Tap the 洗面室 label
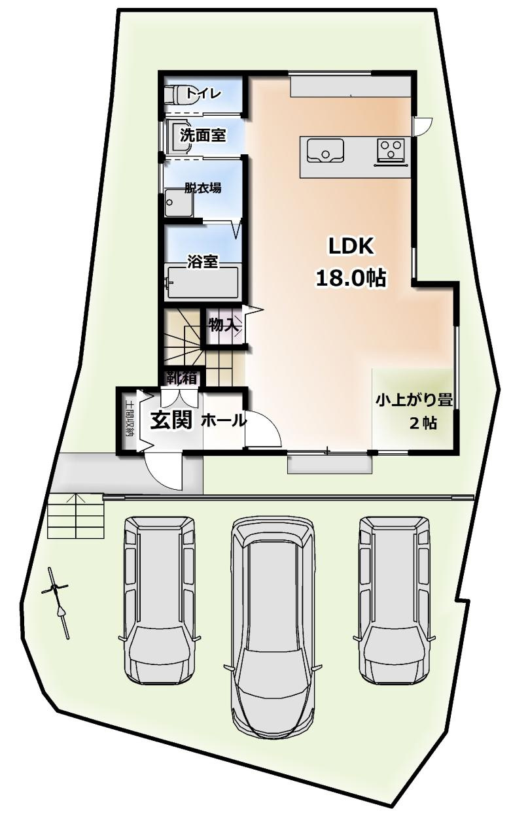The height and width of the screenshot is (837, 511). click(203, 136)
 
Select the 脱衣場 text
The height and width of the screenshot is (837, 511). click(202, 188)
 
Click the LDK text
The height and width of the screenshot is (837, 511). click(350, 247)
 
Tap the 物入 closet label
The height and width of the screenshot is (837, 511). click(222, 324)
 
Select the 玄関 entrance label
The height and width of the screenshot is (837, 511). click(171, 420)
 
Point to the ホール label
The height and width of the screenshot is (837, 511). click(223, 420)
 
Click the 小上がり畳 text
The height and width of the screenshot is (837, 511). click(414, 400)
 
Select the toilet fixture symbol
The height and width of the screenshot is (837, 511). click(173, 95)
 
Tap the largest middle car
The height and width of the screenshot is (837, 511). click(273, 626)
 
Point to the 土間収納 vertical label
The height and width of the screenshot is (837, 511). click(130, 419)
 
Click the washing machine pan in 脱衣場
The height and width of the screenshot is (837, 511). click(178, 202)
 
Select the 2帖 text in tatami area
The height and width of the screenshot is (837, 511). click(423, 423)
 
